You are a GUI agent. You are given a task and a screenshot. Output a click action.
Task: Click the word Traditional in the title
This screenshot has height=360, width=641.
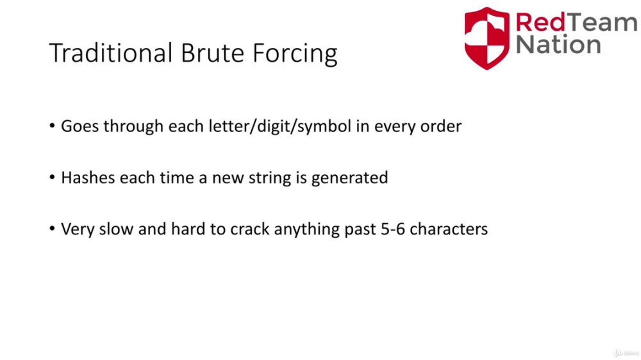point(110,53)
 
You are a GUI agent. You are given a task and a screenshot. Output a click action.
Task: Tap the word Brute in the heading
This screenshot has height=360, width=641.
point(212,53)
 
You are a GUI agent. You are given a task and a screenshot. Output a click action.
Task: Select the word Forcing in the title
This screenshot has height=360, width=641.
point(295,54)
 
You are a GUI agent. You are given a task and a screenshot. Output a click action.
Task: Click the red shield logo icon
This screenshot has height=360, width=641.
point(487,38)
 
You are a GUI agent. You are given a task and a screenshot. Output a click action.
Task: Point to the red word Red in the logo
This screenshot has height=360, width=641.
point(540,22)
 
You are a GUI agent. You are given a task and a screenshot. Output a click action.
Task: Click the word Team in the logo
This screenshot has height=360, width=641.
point(602,22)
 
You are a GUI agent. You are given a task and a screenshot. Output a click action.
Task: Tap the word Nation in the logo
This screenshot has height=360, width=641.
point(558,44)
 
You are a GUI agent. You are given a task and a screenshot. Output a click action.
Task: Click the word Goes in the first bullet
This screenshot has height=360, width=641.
point(80,126)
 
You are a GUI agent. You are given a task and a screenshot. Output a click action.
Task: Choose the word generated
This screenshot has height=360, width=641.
point(349,179)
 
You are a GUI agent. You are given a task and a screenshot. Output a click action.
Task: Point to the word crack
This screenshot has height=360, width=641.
point(250,229)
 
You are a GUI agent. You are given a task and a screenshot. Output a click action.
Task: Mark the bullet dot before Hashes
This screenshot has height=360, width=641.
point(52,177)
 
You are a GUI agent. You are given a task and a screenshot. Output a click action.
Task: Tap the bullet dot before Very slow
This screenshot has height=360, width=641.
point(52,229)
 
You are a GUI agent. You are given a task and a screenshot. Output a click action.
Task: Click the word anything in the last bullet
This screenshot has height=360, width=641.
point(306,230)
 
